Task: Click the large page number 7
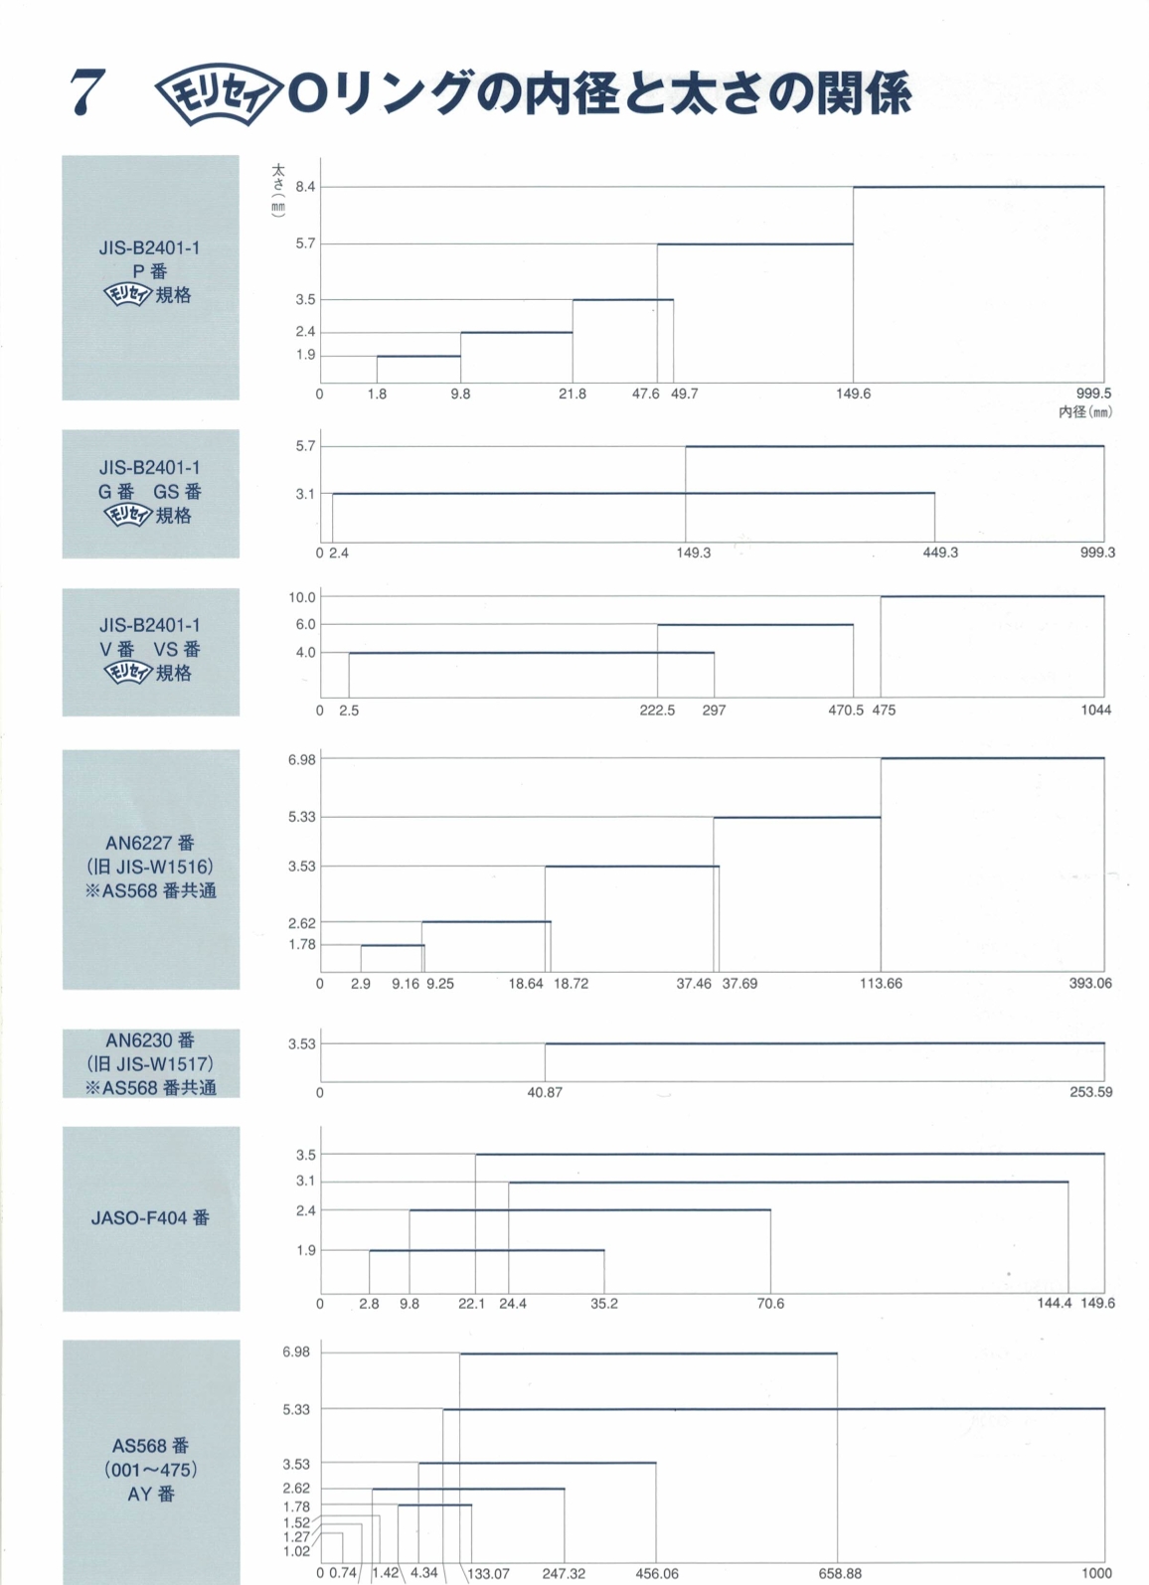pyautogui.click(x=87, y=93)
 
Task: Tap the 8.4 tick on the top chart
pyautogui.click(x=305, y=187)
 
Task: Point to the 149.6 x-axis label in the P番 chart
pyautogui.click(x=853, y=394)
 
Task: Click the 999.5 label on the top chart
pyautogui.click(x=1093, y=394)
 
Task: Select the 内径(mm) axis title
pyautogui.click(x=1084, y=411)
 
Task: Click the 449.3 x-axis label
pyautogui.click(x=940, y=553)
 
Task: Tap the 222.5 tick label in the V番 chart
pyautogui.click(x=657, y=711)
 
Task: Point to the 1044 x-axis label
pyautogui.click(x=1096, y=711)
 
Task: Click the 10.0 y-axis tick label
pyautogui.click(x=302, y=597)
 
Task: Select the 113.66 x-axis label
pyautogui.click(x=881, y=984)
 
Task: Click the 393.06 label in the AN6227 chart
pyautogui.click(x=1090, y=984)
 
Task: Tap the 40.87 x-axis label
pyautogui.click(x=545, y=1092)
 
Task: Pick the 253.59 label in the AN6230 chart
pyautogui.click(x=1091, y=1092)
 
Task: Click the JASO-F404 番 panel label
pyautogui.click(x=150, y=1218)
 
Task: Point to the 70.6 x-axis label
pyautogui.click(x=770, y=1304)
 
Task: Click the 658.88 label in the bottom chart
pyautogui.click(x=840, y=1574)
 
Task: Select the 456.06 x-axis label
pyautogui.click(x=657, y=1574)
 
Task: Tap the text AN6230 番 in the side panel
pyautogui.click(x=150, y=1040)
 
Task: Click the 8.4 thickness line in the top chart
pyautogui.click(x=978, y=187)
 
